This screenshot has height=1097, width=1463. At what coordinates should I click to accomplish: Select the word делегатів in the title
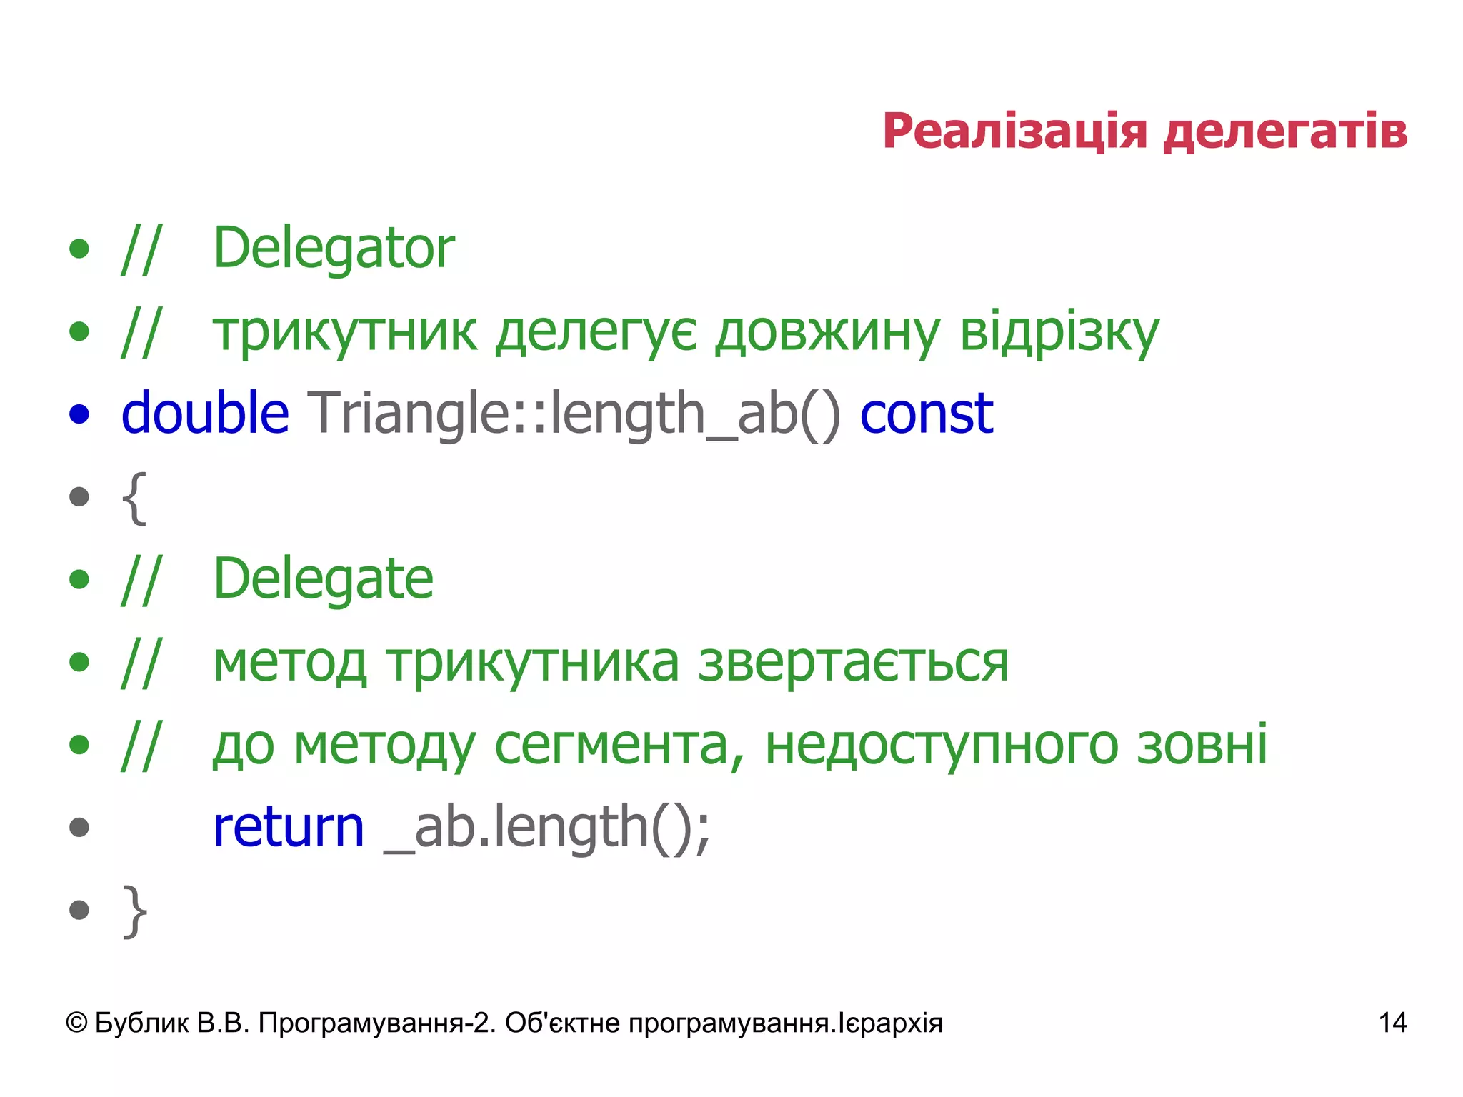point(1285,132)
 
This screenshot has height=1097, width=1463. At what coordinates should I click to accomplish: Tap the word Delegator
point(334,249)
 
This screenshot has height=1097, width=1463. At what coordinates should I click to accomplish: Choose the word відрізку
point(1059,333)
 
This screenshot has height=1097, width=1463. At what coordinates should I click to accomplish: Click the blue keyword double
point(205,414)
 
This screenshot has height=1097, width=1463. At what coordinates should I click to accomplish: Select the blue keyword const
point(926,414)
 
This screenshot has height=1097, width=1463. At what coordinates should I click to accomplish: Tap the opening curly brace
point(134,499)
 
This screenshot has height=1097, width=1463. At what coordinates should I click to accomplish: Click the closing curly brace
point(134,911)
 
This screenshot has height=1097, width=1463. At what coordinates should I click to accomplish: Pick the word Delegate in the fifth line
point(323,579)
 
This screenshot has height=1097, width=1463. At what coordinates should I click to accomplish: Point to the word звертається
point(853,663)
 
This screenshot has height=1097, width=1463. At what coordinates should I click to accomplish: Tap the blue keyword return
point(289,828)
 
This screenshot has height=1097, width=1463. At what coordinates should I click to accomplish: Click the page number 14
point(1392,1023)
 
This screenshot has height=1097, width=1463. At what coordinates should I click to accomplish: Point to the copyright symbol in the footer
point(76,1023)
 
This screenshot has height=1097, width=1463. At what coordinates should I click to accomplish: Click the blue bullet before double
point(79,414)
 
